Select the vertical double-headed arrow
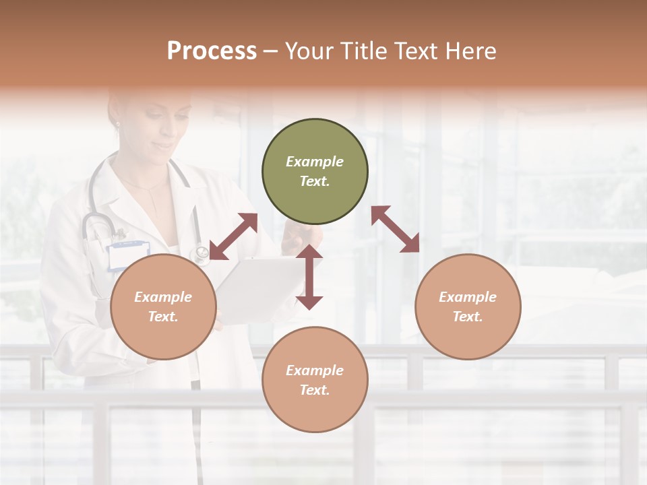(x=309, y=277)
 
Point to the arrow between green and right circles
(x=395, y=229)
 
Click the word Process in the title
(x=212, y=51)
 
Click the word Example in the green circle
(x=315, y=162)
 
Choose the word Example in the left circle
(x=163, y=297)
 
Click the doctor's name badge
(x=128, y=255)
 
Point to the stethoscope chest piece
(x=200, y=254)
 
